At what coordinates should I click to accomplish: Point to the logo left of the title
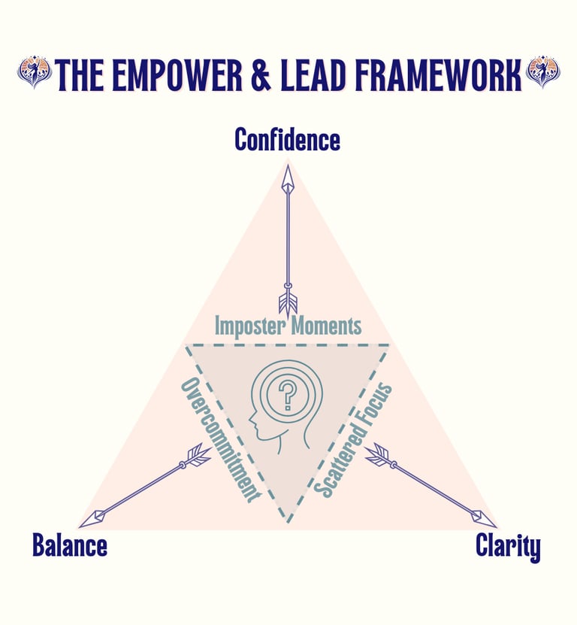pyautogui.click(x=34, y=72)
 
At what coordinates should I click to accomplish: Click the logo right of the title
pyautogui.click(x=542, y=72)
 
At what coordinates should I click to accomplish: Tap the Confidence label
pyautogui.click(x=287, y=140)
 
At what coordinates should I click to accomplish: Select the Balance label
pyautogui.click(x=69, y=545)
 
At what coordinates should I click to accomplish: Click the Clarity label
pyautogui.click(x=508, y=547)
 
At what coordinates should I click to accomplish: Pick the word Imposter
pyautogui.click(x=252, y=326)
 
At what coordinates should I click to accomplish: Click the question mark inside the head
pyautogui.click(x=286, y=393)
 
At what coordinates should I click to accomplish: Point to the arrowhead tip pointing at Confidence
pyautogui.click(x=287, y=167)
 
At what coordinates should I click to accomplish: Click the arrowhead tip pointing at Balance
pyautogui.click(x=83, y=523)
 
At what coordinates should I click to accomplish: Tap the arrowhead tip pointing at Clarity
pyautogui.click(x=494, y=523)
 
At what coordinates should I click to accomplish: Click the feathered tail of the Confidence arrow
pyautogui.click(x=288, y=302)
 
